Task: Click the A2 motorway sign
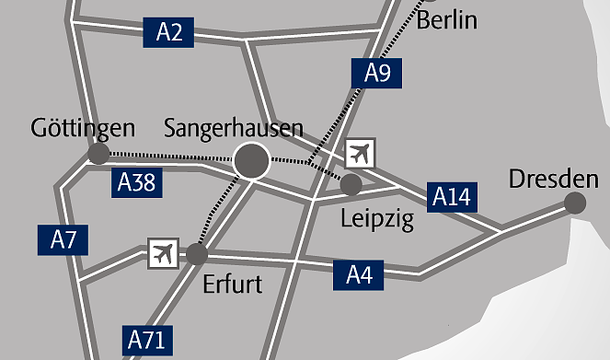[169, 33]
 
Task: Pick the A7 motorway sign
[63, 241]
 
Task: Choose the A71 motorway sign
[147, 340]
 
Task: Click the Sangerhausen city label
[233, 128]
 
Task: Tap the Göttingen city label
[83, 128]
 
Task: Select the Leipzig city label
[377, 219]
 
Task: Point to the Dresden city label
[547, 177]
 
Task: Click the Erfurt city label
[232, 283]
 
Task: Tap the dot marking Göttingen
[98, 154]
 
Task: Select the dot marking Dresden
[575, 203]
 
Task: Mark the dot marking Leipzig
[351, 185]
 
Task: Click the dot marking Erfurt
[197, 253]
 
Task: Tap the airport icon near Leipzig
[360, 153]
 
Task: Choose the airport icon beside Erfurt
[163, 252]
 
